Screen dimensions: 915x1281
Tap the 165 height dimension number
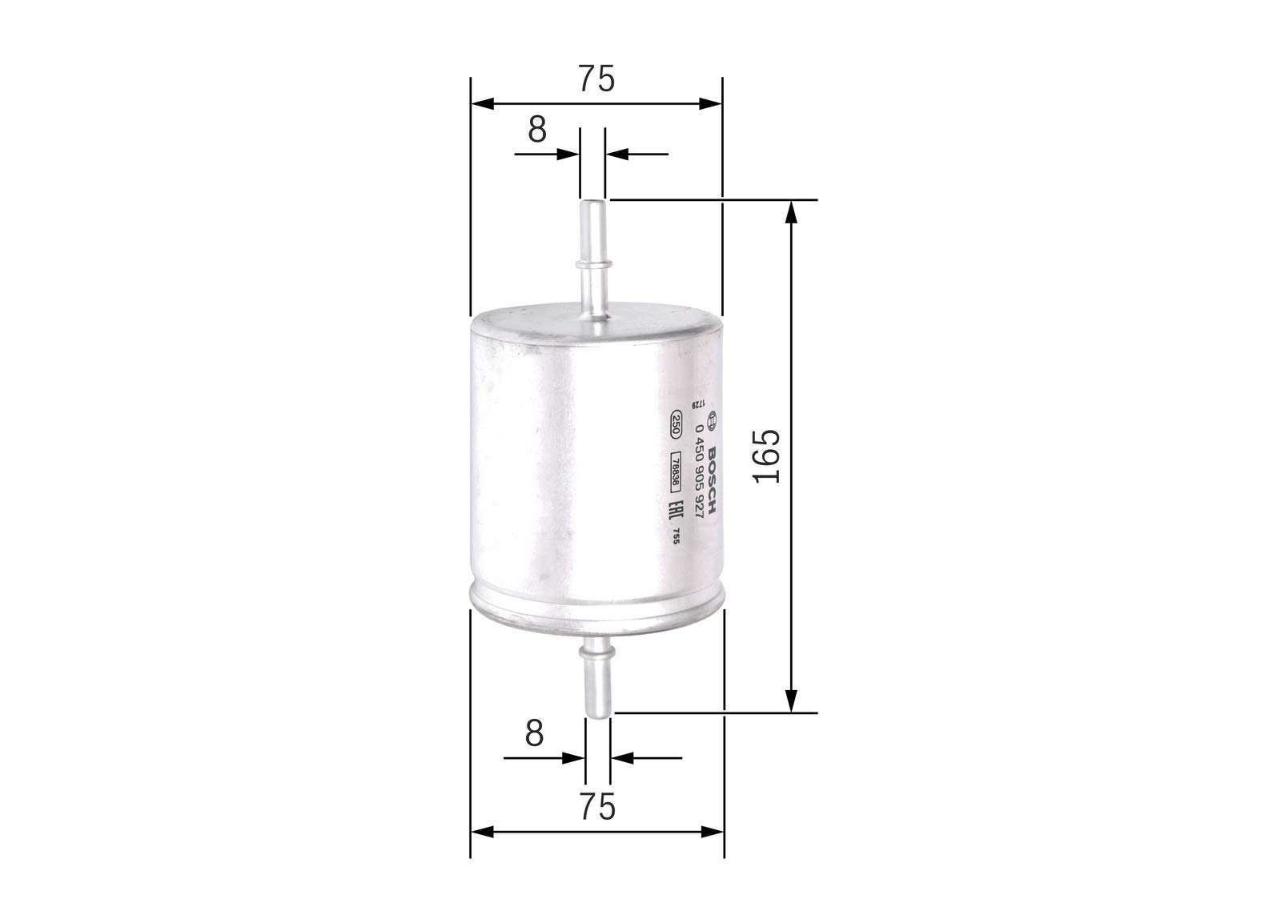[767, 455]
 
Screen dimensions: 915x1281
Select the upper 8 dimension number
[536, 129]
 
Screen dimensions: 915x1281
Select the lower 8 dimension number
[534, 732]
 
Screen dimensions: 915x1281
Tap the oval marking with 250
[676, 423]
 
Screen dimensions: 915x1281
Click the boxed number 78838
[675, 472]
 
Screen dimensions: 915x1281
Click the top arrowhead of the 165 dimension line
[791, 210]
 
